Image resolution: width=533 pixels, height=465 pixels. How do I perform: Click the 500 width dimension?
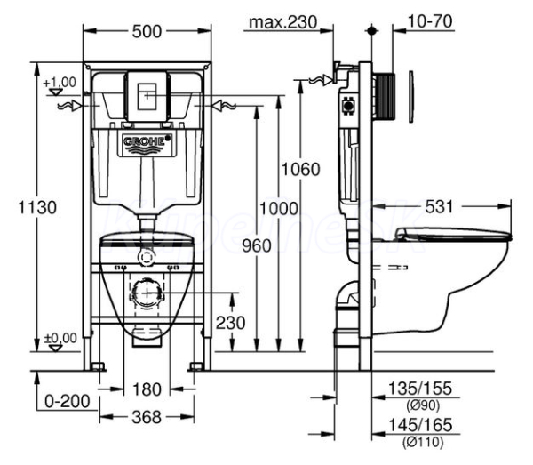[147, 32]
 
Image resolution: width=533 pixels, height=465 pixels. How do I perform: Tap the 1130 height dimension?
[37, 207]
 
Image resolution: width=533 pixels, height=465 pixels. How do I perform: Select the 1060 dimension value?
[301, 170]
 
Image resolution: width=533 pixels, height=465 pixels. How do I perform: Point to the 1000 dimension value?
[279, 208]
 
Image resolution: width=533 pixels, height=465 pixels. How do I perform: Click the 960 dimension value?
[257, 245]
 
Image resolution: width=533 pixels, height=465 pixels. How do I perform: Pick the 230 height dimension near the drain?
[230, 323]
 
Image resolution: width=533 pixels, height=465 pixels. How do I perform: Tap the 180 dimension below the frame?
[147, 389]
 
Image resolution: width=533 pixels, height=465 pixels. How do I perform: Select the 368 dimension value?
[147, 417]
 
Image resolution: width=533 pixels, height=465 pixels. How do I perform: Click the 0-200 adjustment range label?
[68, 401]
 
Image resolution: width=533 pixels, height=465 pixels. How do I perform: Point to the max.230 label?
[282, 22]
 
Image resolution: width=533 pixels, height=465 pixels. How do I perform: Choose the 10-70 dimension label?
[430, 21]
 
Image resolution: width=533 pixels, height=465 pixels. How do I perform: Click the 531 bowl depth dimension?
[439, 207]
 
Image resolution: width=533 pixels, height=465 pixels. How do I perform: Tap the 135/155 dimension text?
[420, 389]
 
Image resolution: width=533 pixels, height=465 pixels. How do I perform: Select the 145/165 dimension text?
[420, 425]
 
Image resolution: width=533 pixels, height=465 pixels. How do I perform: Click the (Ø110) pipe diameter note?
[423, 442]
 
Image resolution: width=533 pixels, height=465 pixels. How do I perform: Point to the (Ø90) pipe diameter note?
[423, 405]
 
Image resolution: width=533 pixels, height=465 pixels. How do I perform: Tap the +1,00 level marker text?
[60, 83]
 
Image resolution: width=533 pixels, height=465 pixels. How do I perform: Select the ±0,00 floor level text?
[60, 338]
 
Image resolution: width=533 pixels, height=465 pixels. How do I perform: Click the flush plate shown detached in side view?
[411, 97]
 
